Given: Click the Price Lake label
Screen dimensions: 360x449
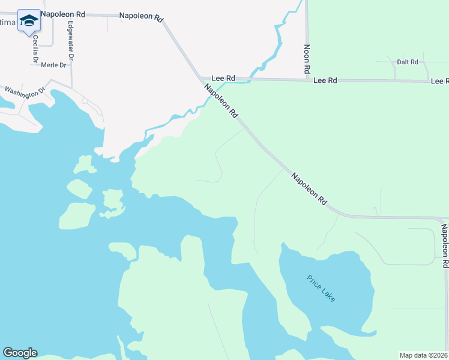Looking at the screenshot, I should (x=321, y=288).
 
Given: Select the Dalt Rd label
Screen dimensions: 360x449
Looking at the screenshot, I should (x=407, y=62).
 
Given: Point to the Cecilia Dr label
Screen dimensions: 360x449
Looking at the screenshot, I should (x=36, y=50).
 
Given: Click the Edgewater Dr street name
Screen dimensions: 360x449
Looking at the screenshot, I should (x=71, y=41).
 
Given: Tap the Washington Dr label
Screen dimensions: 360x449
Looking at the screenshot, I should (x=25, y=91).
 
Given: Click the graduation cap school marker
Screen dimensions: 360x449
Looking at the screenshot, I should (x=28, y=21).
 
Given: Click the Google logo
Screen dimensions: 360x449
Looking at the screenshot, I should (x=20, y=353).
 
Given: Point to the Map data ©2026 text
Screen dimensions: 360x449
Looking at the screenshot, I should (x=423, y=355).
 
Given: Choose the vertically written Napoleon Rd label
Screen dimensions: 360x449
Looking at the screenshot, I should (x=445, y=245).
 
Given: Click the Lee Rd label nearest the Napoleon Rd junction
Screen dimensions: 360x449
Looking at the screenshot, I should (x=222, y=79).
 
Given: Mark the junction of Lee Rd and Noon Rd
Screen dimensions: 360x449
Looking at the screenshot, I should (x=307, y=79).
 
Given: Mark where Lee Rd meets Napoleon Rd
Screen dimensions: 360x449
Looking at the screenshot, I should (x=202, y=79).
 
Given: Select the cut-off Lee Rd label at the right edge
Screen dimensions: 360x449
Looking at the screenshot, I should (x=439, y=80).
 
